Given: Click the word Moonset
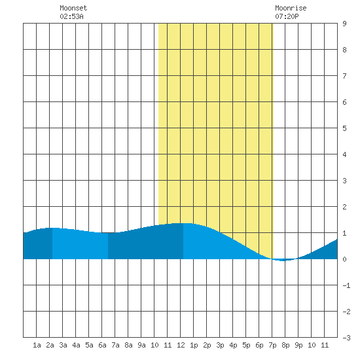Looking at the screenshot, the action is (73, 8).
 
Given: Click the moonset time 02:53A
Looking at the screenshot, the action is (71, 16).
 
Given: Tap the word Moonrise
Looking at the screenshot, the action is (291, 8).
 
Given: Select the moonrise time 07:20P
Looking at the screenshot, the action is (287, 16).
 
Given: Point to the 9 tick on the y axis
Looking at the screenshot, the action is (344, 24).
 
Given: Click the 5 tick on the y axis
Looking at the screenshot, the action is (344, 128).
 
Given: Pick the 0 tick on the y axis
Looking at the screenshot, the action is (344, 259).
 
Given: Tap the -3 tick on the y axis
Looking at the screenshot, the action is (346, 338).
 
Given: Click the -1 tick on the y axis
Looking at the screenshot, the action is (346, 285).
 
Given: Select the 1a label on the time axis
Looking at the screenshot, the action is (37, 345).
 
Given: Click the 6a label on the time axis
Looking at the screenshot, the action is (102, 345).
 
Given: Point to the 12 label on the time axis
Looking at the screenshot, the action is (181, 345).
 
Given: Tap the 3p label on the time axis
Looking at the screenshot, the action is (220, 345).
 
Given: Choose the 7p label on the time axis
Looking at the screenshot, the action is (272, 345).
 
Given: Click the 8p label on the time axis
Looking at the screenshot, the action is (285, 345).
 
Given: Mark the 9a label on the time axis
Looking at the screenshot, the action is (141, 345).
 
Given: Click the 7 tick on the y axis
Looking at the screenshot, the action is (344, 76).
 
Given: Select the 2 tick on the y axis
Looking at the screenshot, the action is (344, 207).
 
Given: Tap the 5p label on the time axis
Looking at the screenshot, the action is (246, 345).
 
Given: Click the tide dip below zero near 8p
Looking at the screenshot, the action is (284, 260).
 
